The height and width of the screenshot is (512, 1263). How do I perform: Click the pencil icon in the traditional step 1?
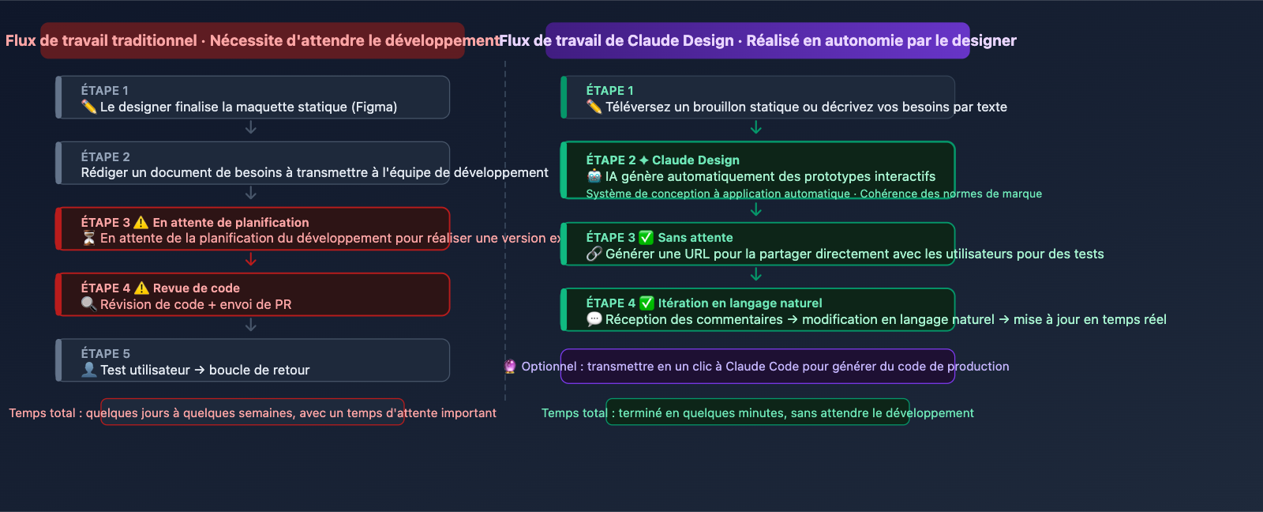[x=88, y=107]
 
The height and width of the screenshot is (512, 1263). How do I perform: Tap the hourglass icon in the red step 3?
[x=88, y=238]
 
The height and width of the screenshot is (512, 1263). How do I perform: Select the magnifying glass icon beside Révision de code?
[x=88, y=304]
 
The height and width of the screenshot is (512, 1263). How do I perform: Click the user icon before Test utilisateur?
[x=88, y=370]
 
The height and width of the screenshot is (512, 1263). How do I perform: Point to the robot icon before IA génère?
[x=594, y=176]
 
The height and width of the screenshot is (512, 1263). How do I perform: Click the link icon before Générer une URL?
[x=594, y=254]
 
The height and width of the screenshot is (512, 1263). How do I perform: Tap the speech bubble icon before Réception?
[x=594, y=319]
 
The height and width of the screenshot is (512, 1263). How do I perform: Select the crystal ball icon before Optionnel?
[x=510, y=367]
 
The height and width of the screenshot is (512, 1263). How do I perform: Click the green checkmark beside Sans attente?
[x=646, y=237]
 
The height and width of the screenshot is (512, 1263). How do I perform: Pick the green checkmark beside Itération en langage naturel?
[x=646, y=303]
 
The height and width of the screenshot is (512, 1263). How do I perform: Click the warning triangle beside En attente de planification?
[x=141, y=223]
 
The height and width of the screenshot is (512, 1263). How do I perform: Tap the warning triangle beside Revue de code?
[x=141, y=288]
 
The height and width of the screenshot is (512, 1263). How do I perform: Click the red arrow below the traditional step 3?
[x=251, y=260]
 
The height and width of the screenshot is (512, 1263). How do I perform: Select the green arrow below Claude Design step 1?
[x=756, y=127]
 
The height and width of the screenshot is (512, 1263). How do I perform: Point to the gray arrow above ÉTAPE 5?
[x=251, y=325]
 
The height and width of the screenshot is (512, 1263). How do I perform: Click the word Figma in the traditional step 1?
[x=374, y=107]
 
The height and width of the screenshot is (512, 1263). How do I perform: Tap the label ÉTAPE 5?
[x=105, y=354]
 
